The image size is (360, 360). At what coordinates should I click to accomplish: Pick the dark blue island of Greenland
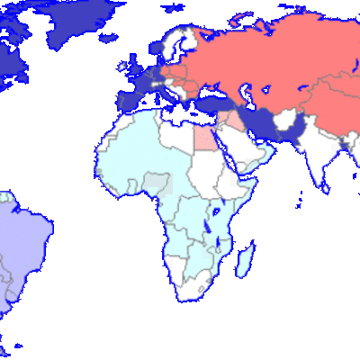[x=76, y=22]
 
